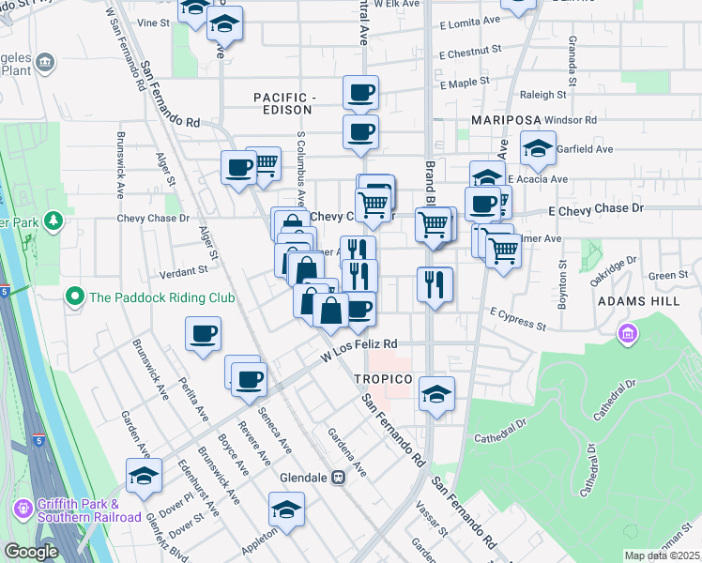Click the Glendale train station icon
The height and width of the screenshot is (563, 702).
click(339, 477)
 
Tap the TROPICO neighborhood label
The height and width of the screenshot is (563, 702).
click(383, 378)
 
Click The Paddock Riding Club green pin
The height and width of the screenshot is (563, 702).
click(74, 297)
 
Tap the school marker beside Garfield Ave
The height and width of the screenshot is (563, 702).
click(538, 148)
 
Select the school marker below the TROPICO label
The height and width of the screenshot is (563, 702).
click(436, 394)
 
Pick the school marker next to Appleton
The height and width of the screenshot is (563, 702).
click(286, 510)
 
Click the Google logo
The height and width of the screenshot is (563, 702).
click(31, 552)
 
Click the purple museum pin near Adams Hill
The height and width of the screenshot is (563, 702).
click(627, 333)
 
